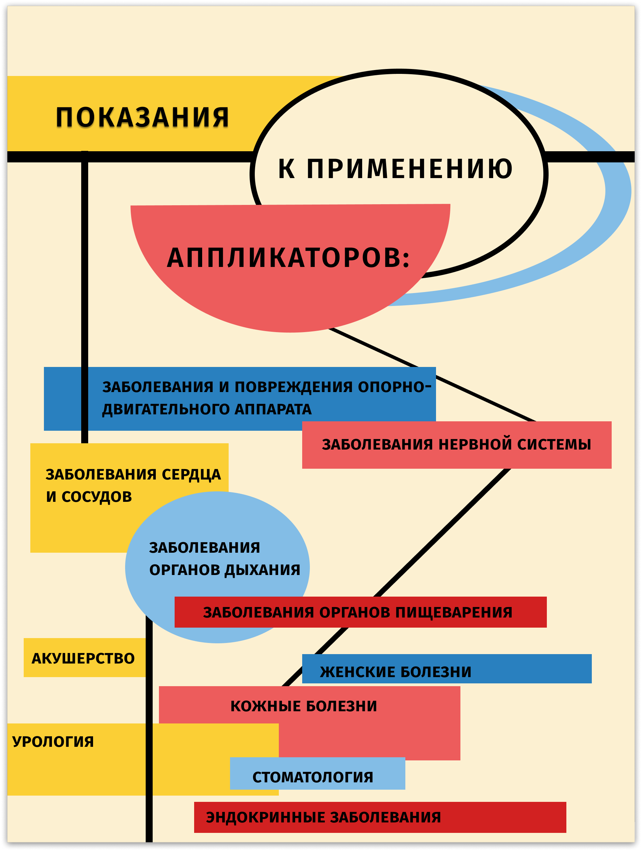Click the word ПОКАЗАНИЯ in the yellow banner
tap(142, 117)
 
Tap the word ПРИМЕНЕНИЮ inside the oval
tap(409, 169)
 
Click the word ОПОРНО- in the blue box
tap(394, 387)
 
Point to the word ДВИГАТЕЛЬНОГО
tap(166, 409)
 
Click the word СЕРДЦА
tap(191, 475)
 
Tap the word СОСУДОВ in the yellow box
tap(97, 497)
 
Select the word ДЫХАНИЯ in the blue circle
tap(262, 570)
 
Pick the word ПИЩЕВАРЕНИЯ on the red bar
tap(453, 613)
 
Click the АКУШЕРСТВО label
tap(83, 659)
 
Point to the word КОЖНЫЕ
tap(266, 706)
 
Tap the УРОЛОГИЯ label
tap(53, 742)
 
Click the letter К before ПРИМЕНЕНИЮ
tap(286, 169)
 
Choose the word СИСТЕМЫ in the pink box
tap(554, 445)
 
